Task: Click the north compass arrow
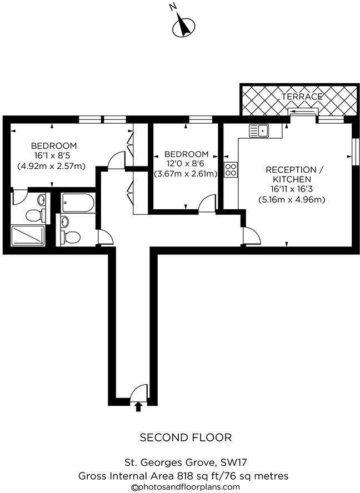(x=184, y=26)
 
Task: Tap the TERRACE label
(x=302, y=97)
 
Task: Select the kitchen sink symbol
(x=259, y=130)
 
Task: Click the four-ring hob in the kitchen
(x=231, y=170)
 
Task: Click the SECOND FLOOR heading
(x=185, y=437)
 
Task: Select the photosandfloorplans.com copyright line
(x=185, y=486)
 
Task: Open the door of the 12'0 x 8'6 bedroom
(x=208, y=204)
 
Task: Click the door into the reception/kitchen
(x=252, y=237)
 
